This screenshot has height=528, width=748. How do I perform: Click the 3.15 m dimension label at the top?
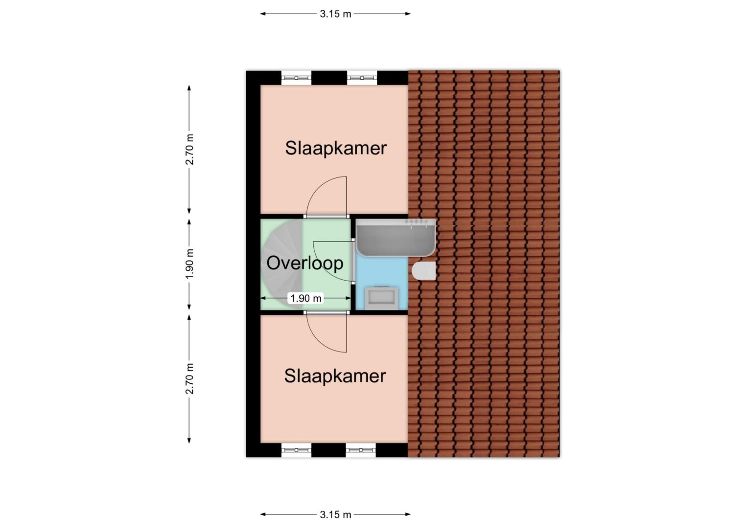pos(335,14)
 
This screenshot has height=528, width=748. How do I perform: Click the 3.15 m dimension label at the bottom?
pos(335,515)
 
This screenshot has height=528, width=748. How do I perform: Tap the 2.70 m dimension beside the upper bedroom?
pos(189,150)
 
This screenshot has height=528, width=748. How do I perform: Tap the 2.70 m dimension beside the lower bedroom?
pos(189,378)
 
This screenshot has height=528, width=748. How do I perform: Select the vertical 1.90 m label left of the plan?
pos(189,264)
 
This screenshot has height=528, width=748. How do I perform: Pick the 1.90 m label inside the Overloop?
pos(305,298)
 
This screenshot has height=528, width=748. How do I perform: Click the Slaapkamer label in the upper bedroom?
pos(336,148)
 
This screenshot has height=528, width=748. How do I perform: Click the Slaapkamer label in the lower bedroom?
pos(335,376)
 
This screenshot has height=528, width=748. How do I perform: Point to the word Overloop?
pos(305,263)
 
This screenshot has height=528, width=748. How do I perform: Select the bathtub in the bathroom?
pos(396,238)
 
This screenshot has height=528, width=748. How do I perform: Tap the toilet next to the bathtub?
pos(424,270)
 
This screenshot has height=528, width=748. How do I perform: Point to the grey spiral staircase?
pos(282,264)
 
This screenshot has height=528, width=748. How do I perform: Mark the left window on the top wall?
pos(296,78)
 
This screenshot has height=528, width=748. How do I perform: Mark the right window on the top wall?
pos(362,78)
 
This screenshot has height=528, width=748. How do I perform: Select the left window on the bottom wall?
pos(296,450)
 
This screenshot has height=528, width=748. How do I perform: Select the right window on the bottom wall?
pos(361,450)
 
